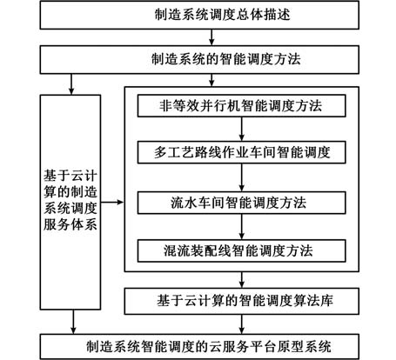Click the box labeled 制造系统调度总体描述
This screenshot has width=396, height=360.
[199, 15]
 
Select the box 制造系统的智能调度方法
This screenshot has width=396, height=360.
[199, 59]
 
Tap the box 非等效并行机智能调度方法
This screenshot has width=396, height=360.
[241, 106]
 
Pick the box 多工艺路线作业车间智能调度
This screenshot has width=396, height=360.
[241, 152]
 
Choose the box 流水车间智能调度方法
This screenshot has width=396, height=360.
[241, 203]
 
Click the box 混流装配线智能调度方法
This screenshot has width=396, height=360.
[241, 250]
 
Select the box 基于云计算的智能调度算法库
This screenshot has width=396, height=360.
[242, 301]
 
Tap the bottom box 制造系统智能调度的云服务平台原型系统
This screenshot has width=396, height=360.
[199, 347]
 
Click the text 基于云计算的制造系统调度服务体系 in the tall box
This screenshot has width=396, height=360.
[70, 200]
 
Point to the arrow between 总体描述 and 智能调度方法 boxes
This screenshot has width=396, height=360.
[211, 37]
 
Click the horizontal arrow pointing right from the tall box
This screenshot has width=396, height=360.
[112, 202]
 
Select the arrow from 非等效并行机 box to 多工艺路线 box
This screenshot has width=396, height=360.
[241, 129]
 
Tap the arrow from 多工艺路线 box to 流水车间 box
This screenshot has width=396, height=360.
[241, 177]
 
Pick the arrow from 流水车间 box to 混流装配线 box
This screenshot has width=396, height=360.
[241, 227]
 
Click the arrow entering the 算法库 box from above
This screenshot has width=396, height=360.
[242, 280]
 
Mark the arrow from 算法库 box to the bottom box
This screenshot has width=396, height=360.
[242, 324]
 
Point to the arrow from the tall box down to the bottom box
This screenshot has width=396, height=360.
[73, 322]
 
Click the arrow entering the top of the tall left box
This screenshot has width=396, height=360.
[71, 84]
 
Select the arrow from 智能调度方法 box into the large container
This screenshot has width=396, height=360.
[211, 80]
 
